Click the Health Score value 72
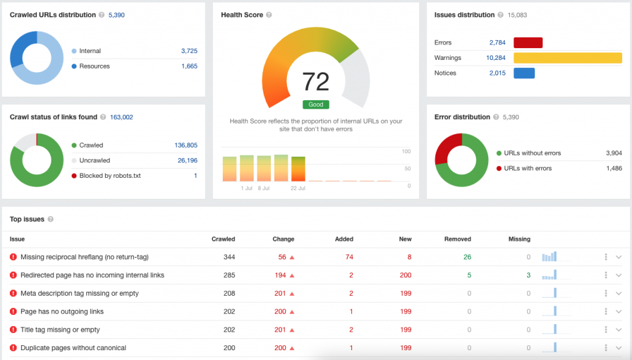pos(315,81)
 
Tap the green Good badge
pos(315,105)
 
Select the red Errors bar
pos(528,43)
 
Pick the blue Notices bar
pos(524,73)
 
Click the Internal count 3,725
pos(189,51)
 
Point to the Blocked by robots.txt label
pos(110,176)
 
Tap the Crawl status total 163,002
pos(122,117)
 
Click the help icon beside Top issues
pos(51,219)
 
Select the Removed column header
pos(457,239)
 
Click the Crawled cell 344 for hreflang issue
pos(229,257)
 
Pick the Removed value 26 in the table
pos(467,257)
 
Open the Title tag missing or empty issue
pos(60,330)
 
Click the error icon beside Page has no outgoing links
pos(13,312)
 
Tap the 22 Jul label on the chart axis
pos(297,188)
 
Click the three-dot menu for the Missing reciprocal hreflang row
pos(606,257)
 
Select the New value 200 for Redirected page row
pos(405,275)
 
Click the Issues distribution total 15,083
pos(517,15)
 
